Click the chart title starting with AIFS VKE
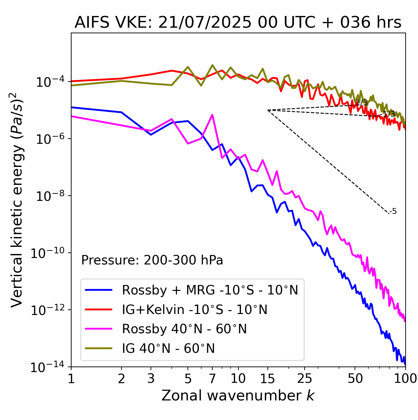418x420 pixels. pyautogui.click(x=238, y=23)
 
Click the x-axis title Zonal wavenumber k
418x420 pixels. pyautogui.click(x=238, y=395)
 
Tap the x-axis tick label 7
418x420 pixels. pyautogui.click(x=212, y=379)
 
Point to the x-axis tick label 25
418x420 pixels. pyautogui.click(x=304, y=379)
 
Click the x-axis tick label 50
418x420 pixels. pyautogui.click(x=355, y=379)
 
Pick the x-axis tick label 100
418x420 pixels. pyautogui.click(x=405, y=379)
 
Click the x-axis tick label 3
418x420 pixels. pyautogui.click(x=151, y=379)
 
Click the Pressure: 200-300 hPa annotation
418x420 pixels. pyautogui.click(x=152, y=260)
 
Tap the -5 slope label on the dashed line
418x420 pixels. pyautogui.click(x=394, y=212)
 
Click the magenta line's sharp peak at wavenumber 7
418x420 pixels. pyautogui.click(x=212, y=115)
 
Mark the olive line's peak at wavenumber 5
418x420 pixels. pyautogui.click(x=188, y=67)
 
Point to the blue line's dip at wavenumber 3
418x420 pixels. pyautogui.click(x=151, y=135)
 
